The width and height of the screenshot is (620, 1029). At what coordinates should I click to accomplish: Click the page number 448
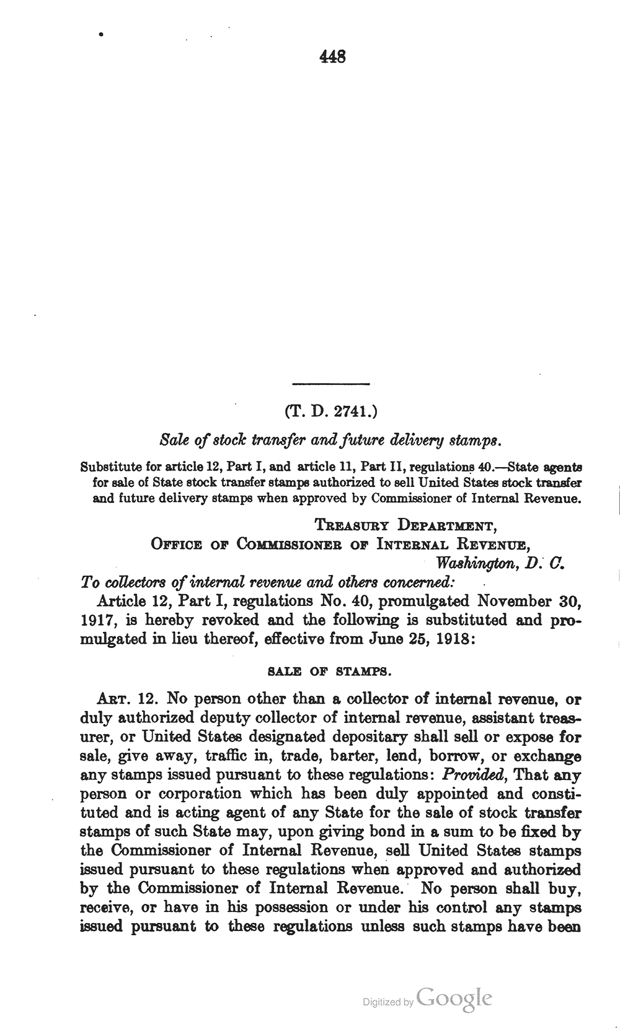pos(332,57)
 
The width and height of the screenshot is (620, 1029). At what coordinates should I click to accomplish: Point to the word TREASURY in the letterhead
pos(352,527)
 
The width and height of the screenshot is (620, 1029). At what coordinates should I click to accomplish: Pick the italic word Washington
pos(476,564)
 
